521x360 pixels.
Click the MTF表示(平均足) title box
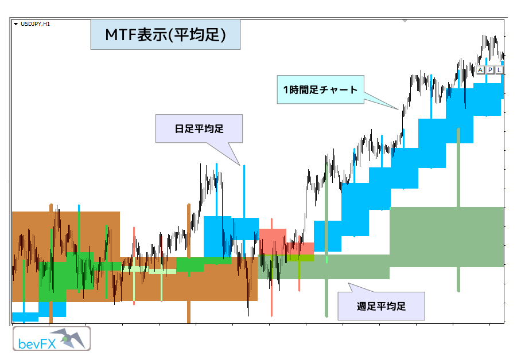click(165, 34)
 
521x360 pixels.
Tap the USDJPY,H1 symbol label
click(35, 24)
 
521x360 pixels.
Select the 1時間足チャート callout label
click(320, 89)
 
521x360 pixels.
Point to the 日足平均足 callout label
click(199, 128)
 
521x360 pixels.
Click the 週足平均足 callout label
click(381, 306)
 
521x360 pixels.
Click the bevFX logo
click(52, 338)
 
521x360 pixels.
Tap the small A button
click(480, 70)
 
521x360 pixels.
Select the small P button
click(490, 70)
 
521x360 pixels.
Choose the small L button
click(499, 70)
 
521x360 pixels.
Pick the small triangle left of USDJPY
click(15, 24)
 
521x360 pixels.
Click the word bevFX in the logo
click(37, 344)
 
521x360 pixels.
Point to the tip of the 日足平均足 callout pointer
click(240, 165)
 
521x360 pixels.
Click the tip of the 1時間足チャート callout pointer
click(398, 109)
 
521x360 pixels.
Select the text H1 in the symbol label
click(46, 24)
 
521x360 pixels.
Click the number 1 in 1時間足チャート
click(285, 89)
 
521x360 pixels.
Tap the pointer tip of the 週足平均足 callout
click(348, 283)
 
